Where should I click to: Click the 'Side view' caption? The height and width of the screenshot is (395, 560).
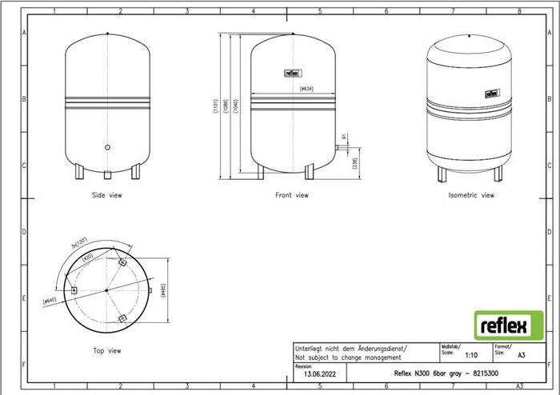coord(107,194)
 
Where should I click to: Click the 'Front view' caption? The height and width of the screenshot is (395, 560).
coord(290,194)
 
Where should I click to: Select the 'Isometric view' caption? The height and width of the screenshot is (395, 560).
coord(471,194)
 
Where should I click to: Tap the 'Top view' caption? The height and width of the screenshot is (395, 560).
coord(106,350)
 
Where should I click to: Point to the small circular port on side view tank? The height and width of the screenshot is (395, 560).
coord(108,147)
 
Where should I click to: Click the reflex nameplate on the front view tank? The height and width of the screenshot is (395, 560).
coord(290,73)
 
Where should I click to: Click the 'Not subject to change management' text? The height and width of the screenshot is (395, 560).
coord(347,357)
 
